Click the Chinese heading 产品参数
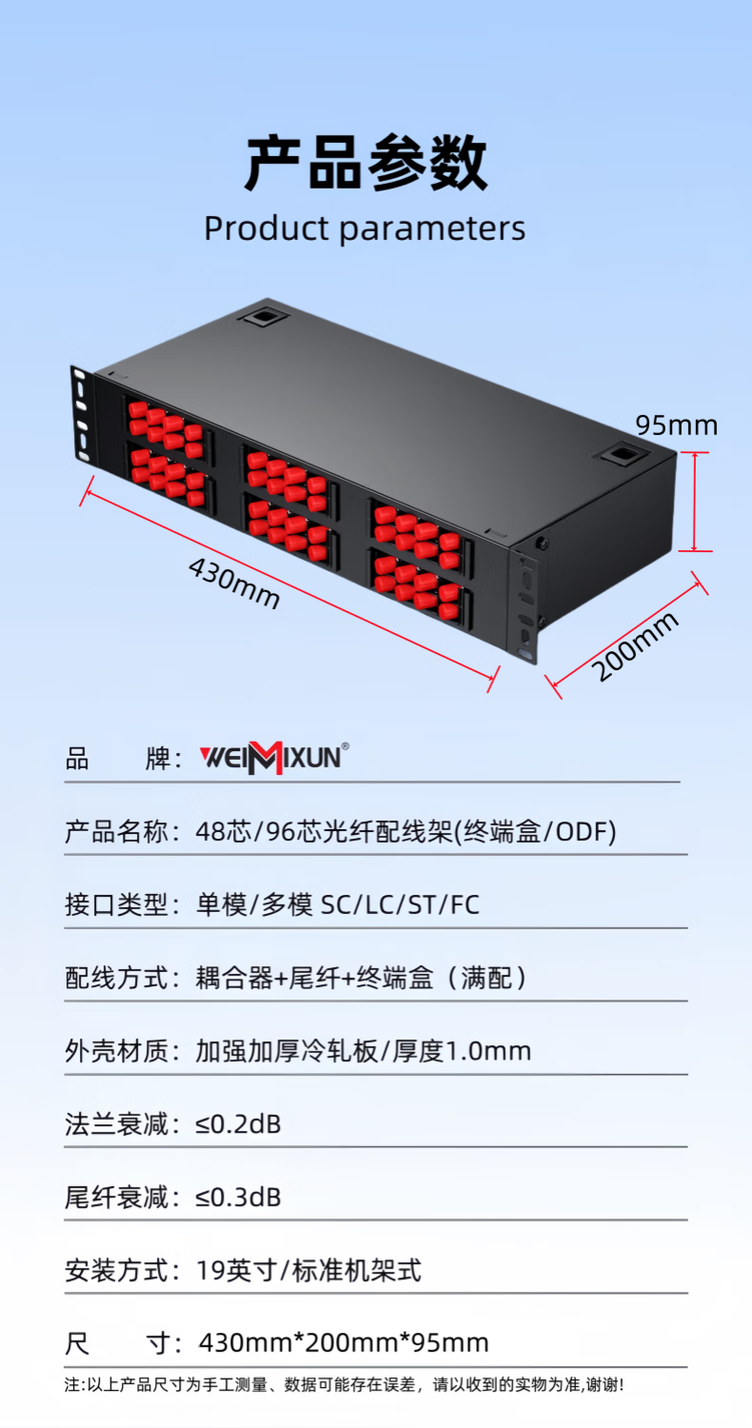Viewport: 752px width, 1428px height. (x=366, y=163)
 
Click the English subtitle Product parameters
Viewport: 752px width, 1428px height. (x=365, y=228)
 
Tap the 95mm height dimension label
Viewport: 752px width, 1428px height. (x=677, y=426)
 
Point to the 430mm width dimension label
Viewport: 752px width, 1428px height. (x=234, y=583)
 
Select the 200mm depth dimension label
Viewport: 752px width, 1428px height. (x=635, y=645)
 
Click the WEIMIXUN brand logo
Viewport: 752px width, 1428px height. (x=274, y=758)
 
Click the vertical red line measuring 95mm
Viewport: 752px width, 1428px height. (x=694, y=501)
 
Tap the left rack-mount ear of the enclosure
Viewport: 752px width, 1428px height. (x=82, y=413)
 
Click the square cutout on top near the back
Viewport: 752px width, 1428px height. (x=263, y=317)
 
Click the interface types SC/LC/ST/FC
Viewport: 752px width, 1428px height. (x=400, y=904)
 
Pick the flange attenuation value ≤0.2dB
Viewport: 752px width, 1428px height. (x=238, y=1124)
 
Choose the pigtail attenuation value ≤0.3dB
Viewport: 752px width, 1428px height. (x=238, y=1198)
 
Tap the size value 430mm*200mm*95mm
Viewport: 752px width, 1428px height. (x=345, y=1342)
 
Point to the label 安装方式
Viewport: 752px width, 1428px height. (x=116, y=1271)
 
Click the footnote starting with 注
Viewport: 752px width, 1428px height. (x=345, y=1384)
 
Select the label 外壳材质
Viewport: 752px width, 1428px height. (x=116, y=1051)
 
